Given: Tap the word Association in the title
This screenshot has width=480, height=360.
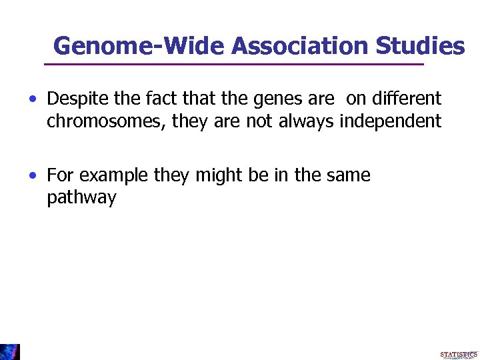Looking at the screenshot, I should coord(300,46).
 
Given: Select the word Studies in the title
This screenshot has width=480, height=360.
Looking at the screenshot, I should coord(421,46).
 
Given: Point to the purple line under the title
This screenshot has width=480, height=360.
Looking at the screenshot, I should coord(233,64).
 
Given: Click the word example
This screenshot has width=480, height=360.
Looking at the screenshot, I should coord(112,176).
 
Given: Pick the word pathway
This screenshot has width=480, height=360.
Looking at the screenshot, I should coord(81,199).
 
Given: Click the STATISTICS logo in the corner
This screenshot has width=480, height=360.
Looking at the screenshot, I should coord(459,354).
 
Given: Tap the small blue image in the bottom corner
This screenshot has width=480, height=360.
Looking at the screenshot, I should coord(10,352).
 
